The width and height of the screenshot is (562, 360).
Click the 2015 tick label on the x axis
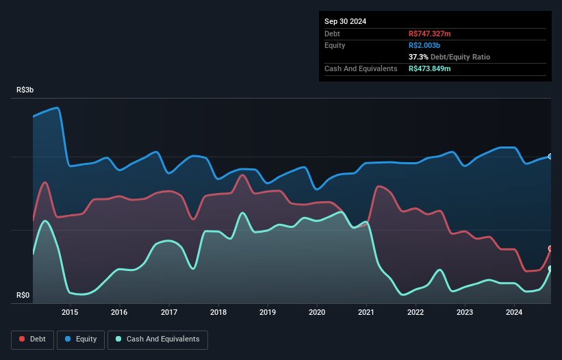(70, 313)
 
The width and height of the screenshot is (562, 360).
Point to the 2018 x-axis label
(218, 313)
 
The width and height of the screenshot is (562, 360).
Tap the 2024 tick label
(514, 313)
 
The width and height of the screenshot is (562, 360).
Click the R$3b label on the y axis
(25, 90)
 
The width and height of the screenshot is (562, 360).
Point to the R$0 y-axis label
(24, 296)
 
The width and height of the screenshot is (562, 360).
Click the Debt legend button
(32, 339)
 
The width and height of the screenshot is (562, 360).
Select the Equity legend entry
(81, 339)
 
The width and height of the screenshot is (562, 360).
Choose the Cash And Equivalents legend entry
(157, 339)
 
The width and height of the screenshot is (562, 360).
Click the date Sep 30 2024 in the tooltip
(345, 21)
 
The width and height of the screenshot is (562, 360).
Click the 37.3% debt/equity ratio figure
(420, 57)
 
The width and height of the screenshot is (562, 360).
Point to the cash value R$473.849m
(434, 68)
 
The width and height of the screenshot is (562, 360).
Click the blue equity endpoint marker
(550, 157)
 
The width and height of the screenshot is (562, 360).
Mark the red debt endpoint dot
(550, 248)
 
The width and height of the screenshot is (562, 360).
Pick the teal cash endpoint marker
(550, 268)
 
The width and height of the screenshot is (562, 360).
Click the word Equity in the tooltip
(336, 45)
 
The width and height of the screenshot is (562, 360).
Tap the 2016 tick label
(120, 313)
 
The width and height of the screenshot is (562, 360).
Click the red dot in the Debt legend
(23, 339)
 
